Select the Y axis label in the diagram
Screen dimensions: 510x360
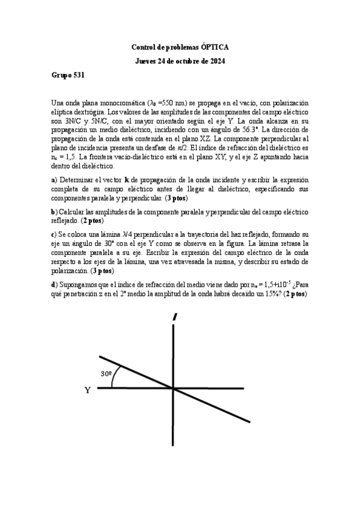click(88, 390)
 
